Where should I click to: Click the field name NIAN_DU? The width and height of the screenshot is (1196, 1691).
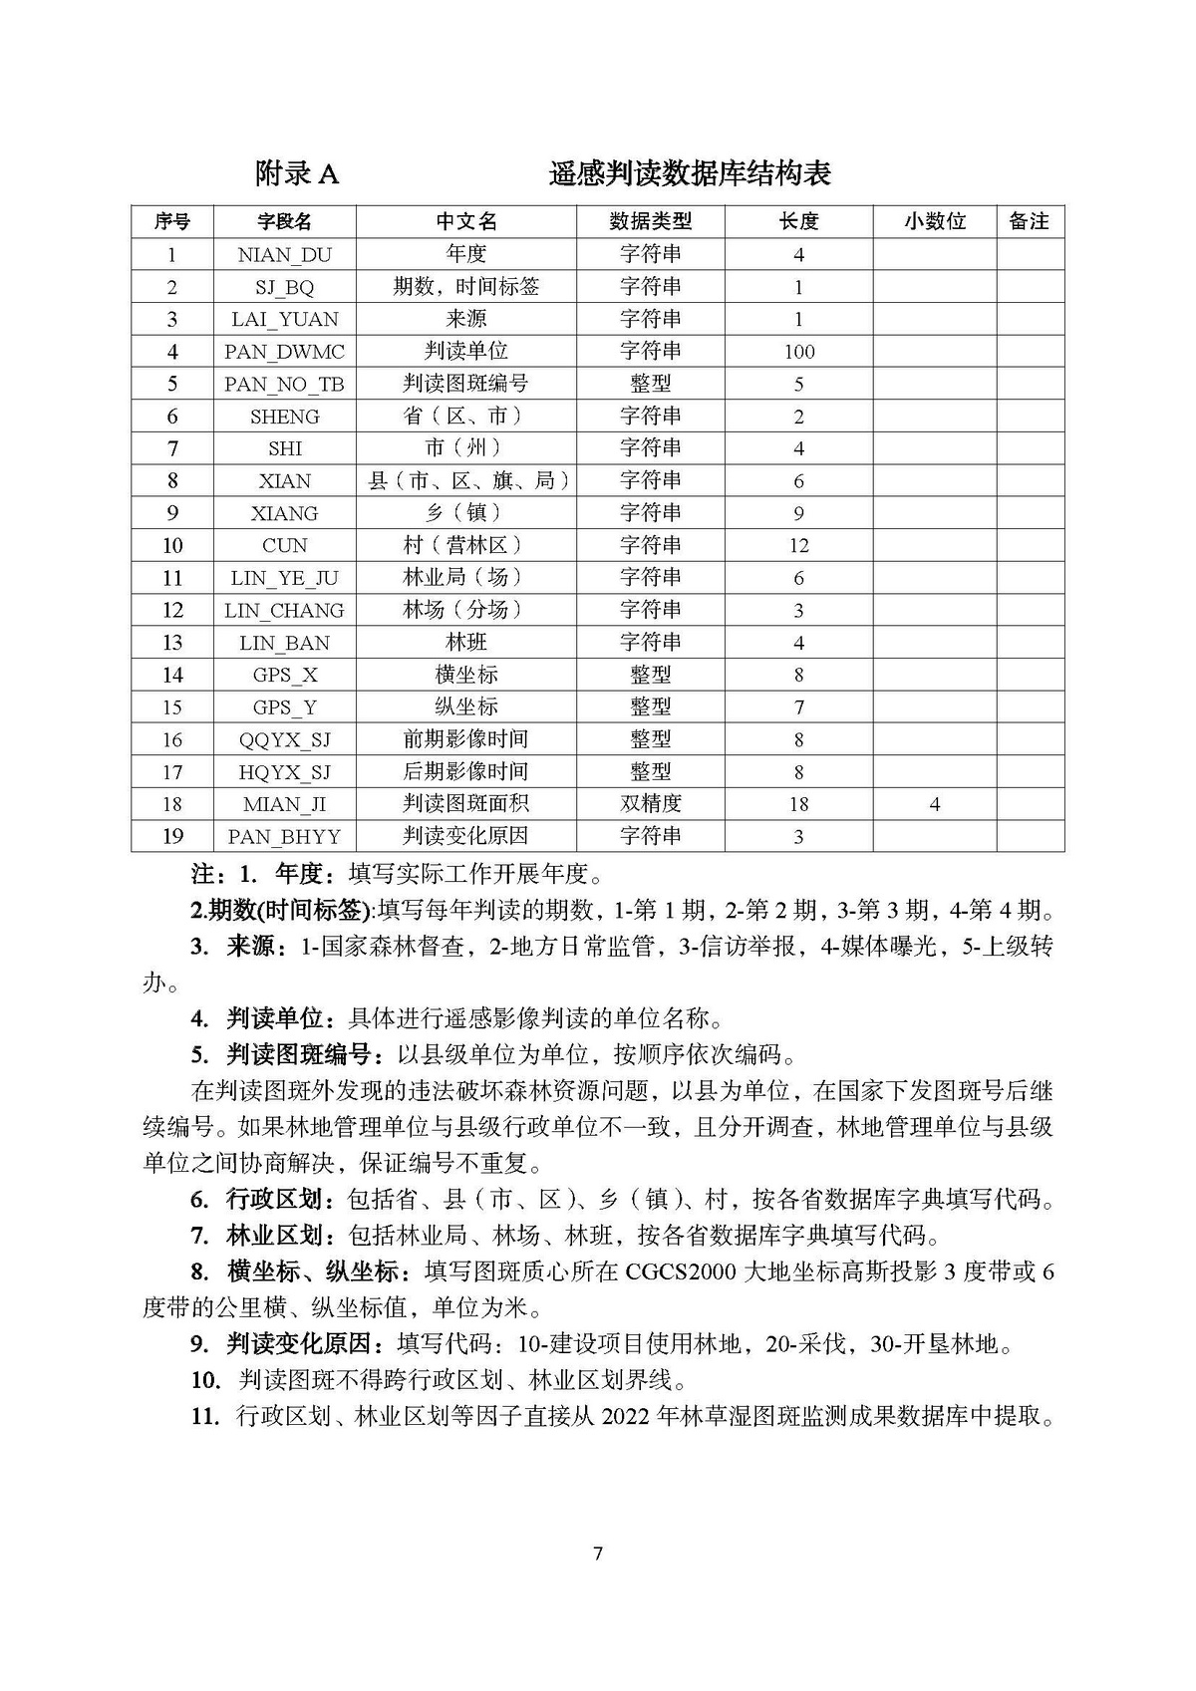284,255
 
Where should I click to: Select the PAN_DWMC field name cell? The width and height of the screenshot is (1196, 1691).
284,352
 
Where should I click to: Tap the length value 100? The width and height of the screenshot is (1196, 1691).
798,352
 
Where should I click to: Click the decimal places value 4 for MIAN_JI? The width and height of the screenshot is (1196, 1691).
934,804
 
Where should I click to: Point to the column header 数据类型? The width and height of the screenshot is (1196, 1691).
650,221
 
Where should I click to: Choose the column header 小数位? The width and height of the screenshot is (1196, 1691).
934,221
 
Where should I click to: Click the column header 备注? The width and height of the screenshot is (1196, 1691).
1029,221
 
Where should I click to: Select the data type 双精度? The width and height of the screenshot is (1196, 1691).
650,804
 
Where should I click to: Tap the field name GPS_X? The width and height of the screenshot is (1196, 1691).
284,676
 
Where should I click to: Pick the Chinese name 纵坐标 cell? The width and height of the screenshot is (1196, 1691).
465,707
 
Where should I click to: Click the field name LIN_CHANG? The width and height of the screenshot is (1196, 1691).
284,611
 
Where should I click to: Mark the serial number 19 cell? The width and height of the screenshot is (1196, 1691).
172,837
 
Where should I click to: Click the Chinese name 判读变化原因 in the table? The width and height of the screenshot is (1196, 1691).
465,837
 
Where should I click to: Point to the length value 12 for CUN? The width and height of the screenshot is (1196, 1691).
798,546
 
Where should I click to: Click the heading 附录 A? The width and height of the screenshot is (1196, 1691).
297,174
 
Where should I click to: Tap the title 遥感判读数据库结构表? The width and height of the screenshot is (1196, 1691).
690,174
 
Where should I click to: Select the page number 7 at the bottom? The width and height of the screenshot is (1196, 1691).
597,1553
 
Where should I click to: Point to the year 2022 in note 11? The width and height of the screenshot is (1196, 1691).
626,1416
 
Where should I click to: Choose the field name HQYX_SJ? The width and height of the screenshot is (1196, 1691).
284,772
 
